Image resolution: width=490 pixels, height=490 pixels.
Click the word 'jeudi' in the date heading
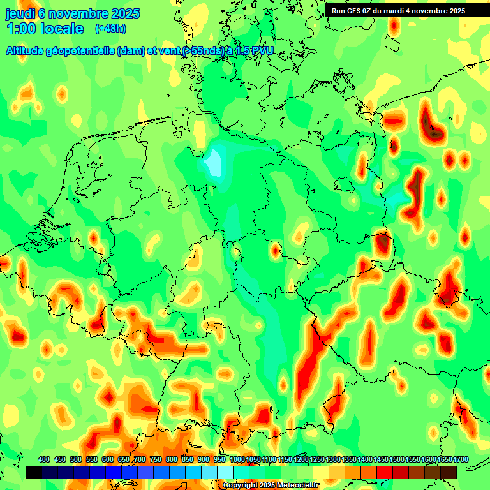20,13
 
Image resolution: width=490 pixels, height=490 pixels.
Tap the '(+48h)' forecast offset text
110,29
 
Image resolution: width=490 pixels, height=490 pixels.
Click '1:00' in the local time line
20,29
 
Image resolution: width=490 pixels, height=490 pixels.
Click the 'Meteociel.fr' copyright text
292,486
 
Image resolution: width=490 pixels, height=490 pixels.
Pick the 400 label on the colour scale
44,460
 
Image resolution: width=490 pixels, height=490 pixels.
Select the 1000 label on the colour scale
237,460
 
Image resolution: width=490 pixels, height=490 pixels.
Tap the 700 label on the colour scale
140,460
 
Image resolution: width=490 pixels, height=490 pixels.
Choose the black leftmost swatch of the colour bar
34,472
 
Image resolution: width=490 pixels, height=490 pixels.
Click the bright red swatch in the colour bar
385,472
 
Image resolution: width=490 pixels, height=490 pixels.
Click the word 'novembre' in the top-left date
78,13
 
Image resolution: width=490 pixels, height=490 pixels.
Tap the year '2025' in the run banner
455,11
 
